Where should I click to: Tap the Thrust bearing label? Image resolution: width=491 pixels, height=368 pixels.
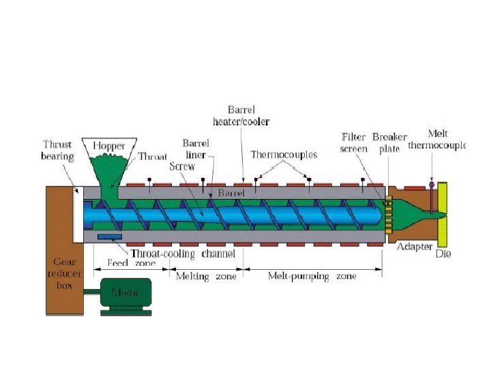coord(58,151)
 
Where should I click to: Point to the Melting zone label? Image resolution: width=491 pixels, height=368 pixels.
coord(206,276)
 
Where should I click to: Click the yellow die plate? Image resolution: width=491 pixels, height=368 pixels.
coord(443,215)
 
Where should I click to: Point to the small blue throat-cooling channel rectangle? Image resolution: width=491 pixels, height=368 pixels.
coord(109,236)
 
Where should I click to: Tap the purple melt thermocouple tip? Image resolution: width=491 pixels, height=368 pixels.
coord(431,183)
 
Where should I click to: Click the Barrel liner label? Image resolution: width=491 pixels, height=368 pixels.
coord(195,149)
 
